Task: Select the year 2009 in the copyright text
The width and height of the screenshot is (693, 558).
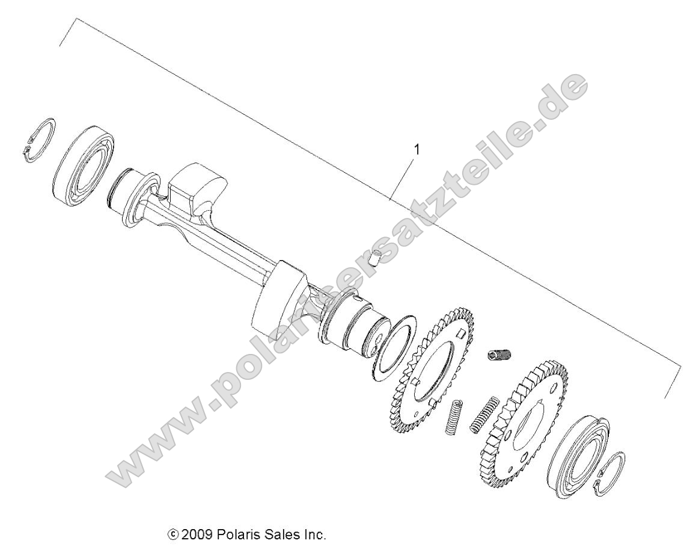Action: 195,535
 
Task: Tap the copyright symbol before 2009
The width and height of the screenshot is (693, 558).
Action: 174,535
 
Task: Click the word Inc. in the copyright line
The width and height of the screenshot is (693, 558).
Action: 313,535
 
